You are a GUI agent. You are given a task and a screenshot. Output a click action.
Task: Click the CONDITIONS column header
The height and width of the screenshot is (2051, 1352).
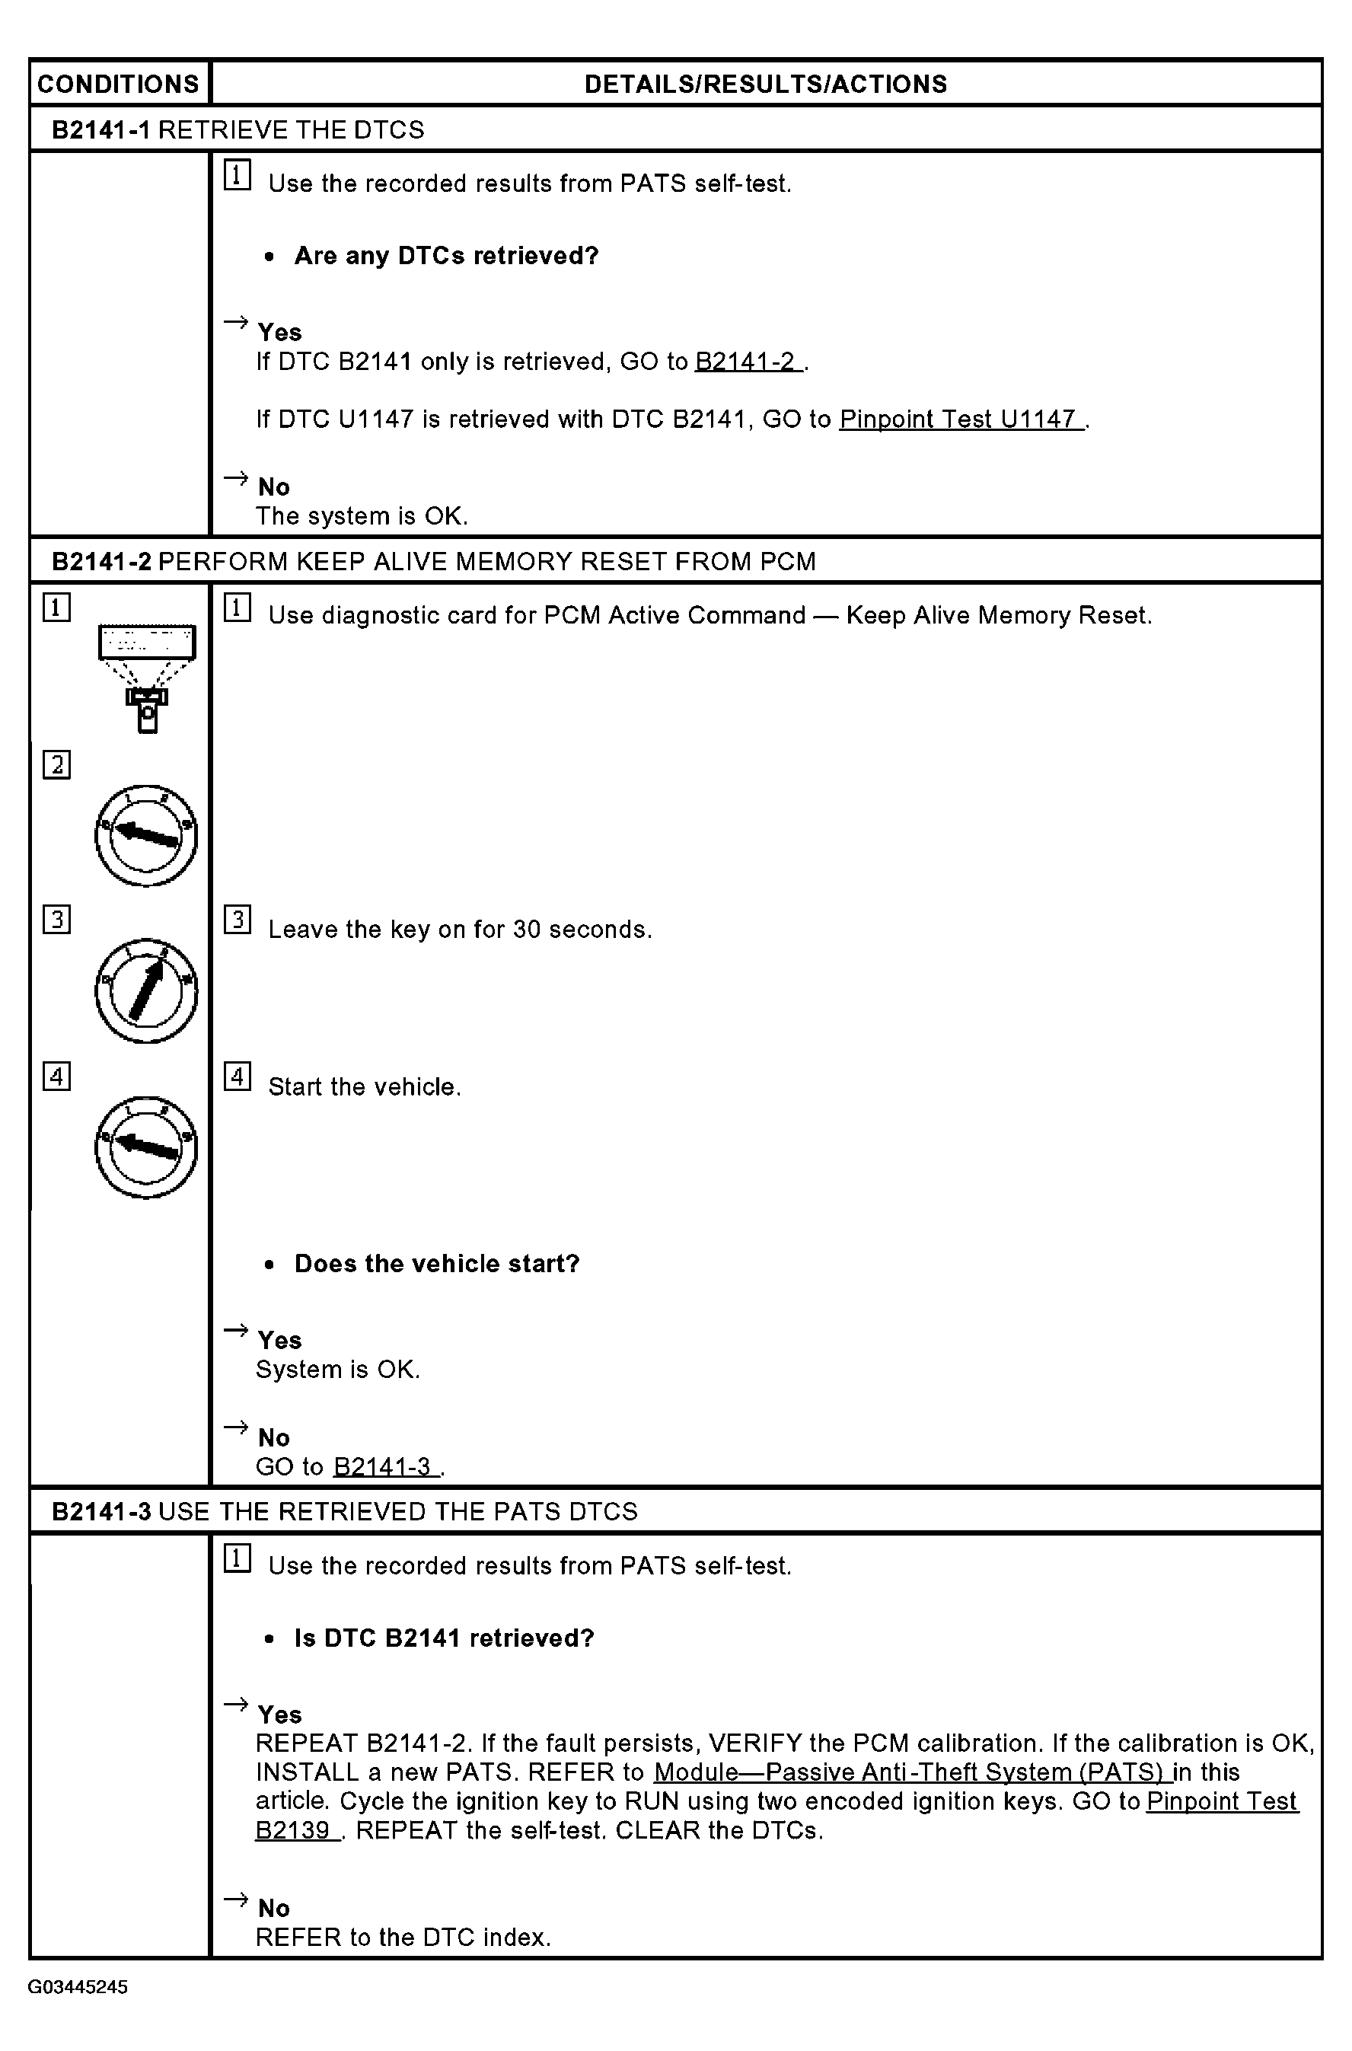pos(118,84)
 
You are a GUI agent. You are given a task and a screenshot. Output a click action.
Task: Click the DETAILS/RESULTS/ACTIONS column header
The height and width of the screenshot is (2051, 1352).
pos(766,84)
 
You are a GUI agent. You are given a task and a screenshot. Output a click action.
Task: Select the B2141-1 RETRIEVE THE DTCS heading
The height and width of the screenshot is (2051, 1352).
pos(238,129)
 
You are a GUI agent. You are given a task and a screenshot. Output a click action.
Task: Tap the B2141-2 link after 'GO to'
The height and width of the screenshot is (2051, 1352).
pos(748,361)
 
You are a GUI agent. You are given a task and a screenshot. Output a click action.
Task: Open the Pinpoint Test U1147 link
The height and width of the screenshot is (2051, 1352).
pos(961,419)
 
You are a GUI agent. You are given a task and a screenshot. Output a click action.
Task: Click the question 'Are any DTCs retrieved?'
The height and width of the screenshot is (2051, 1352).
pos(447,256)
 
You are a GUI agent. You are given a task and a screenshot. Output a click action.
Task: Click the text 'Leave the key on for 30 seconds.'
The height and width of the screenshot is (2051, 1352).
pos(461,930)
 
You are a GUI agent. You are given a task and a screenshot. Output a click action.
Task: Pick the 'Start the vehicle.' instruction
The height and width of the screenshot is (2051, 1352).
pos(365,1086)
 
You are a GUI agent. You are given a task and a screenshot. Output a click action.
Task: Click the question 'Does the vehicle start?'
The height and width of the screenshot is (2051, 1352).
pos(437,1264)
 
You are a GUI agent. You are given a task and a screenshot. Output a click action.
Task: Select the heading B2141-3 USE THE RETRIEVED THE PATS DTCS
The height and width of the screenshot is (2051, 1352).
pos(345,1511)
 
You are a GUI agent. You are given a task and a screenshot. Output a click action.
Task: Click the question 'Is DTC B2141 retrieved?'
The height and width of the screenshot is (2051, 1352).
pos(445,1638)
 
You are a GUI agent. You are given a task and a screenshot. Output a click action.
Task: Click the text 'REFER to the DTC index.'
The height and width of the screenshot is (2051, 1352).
pos(403,1938)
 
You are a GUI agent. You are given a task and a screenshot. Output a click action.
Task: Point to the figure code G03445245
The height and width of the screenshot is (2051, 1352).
pos(78,1987)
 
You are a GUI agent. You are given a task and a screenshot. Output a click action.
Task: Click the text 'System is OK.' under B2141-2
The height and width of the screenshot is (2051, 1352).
pos(338,1369)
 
